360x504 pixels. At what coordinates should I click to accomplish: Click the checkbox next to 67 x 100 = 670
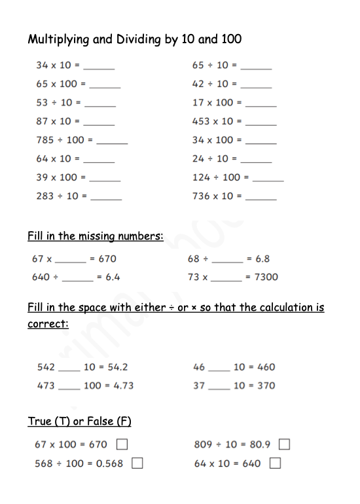pyautogui.click(x=122, y=445)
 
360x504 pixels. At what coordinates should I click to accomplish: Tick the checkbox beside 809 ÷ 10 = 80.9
pyautogui.click(x=284, y=445)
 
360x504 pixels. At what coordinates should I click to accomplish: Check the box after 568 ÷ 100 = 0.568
pyautogui.click(x=137, y=463)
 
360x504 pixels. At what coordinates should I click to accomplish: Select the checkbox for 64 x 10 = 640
pyautogui.click(x=275, y=463)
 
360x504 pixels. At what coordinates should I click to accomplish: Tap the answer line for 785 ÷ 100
pyautogui.click(x=112, y=142)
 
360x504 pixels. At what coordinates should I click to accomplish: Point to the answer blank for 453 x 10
pyautogui.click(x=261, y=124)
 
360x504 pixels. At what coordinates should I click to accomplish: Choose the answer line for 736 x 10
pyautogui.click(x=261, y=198)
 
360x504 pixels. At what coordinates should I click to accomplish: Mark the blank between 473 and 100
pyautogui.click(x=69, y=388)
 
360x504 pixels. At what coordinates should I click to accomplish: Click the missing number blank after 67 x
pyautogui.click(x=71, y=261)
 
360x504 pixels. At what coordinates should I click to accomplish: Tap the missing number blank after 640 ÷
pyautogui.click(x=77, y=279)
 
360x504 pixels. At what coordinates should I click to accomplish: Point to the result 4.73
pyautogui.click(x=122, y=386)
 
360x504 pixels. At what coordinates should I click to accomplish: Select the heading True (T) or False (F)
pyautogui.click(x=80, y=422)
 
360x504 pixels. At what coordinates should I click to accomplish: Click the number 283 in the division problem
pyautogui.click(x=45, y=196)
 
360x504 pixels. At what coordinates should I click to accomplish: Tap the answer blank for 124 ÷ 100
pyautogui.click(x=268, y=179)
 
